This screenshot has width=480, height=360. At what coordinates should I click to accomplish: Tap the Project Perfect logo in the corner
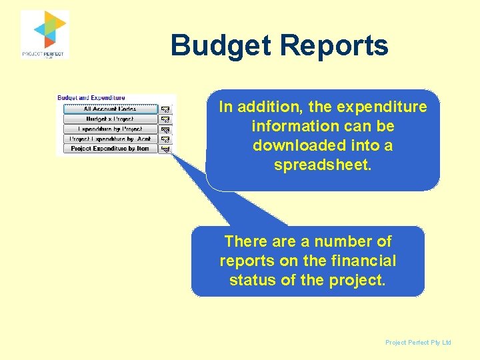click(x=44, y=35)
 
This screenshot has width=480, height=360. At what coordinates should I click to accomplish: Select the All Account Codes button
click(x=110, y=109)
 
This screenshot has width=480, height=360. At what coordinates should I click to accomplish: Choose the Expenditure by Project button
click(x=110, y=129)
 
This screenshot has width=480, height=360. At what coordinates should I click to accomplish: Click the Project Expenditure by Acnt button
click(x=110, y=139)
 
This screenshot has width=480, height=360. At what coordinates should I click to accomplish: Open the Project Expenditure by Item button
click(x=110, y=149)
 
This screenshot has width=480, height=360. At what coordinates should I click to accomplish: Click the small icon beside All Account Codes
click(x=166, y=109)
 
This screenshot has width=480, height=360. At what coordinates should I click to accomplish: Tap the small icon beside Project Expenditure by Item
click(x=166, y=149)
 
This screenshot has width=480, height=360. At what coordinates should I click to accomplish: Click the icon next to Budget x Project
click(x=166, y=119)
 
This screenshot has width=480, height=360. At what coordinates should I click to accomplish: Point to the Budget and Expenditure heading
click(x=91, y=98)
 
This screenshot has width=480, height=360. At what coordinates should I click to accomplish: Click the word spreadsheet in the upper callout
click(x=323, y=164)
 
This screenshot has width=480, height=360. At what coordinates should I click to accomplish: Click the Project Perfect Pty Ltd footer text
click(x=418, y=343)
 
